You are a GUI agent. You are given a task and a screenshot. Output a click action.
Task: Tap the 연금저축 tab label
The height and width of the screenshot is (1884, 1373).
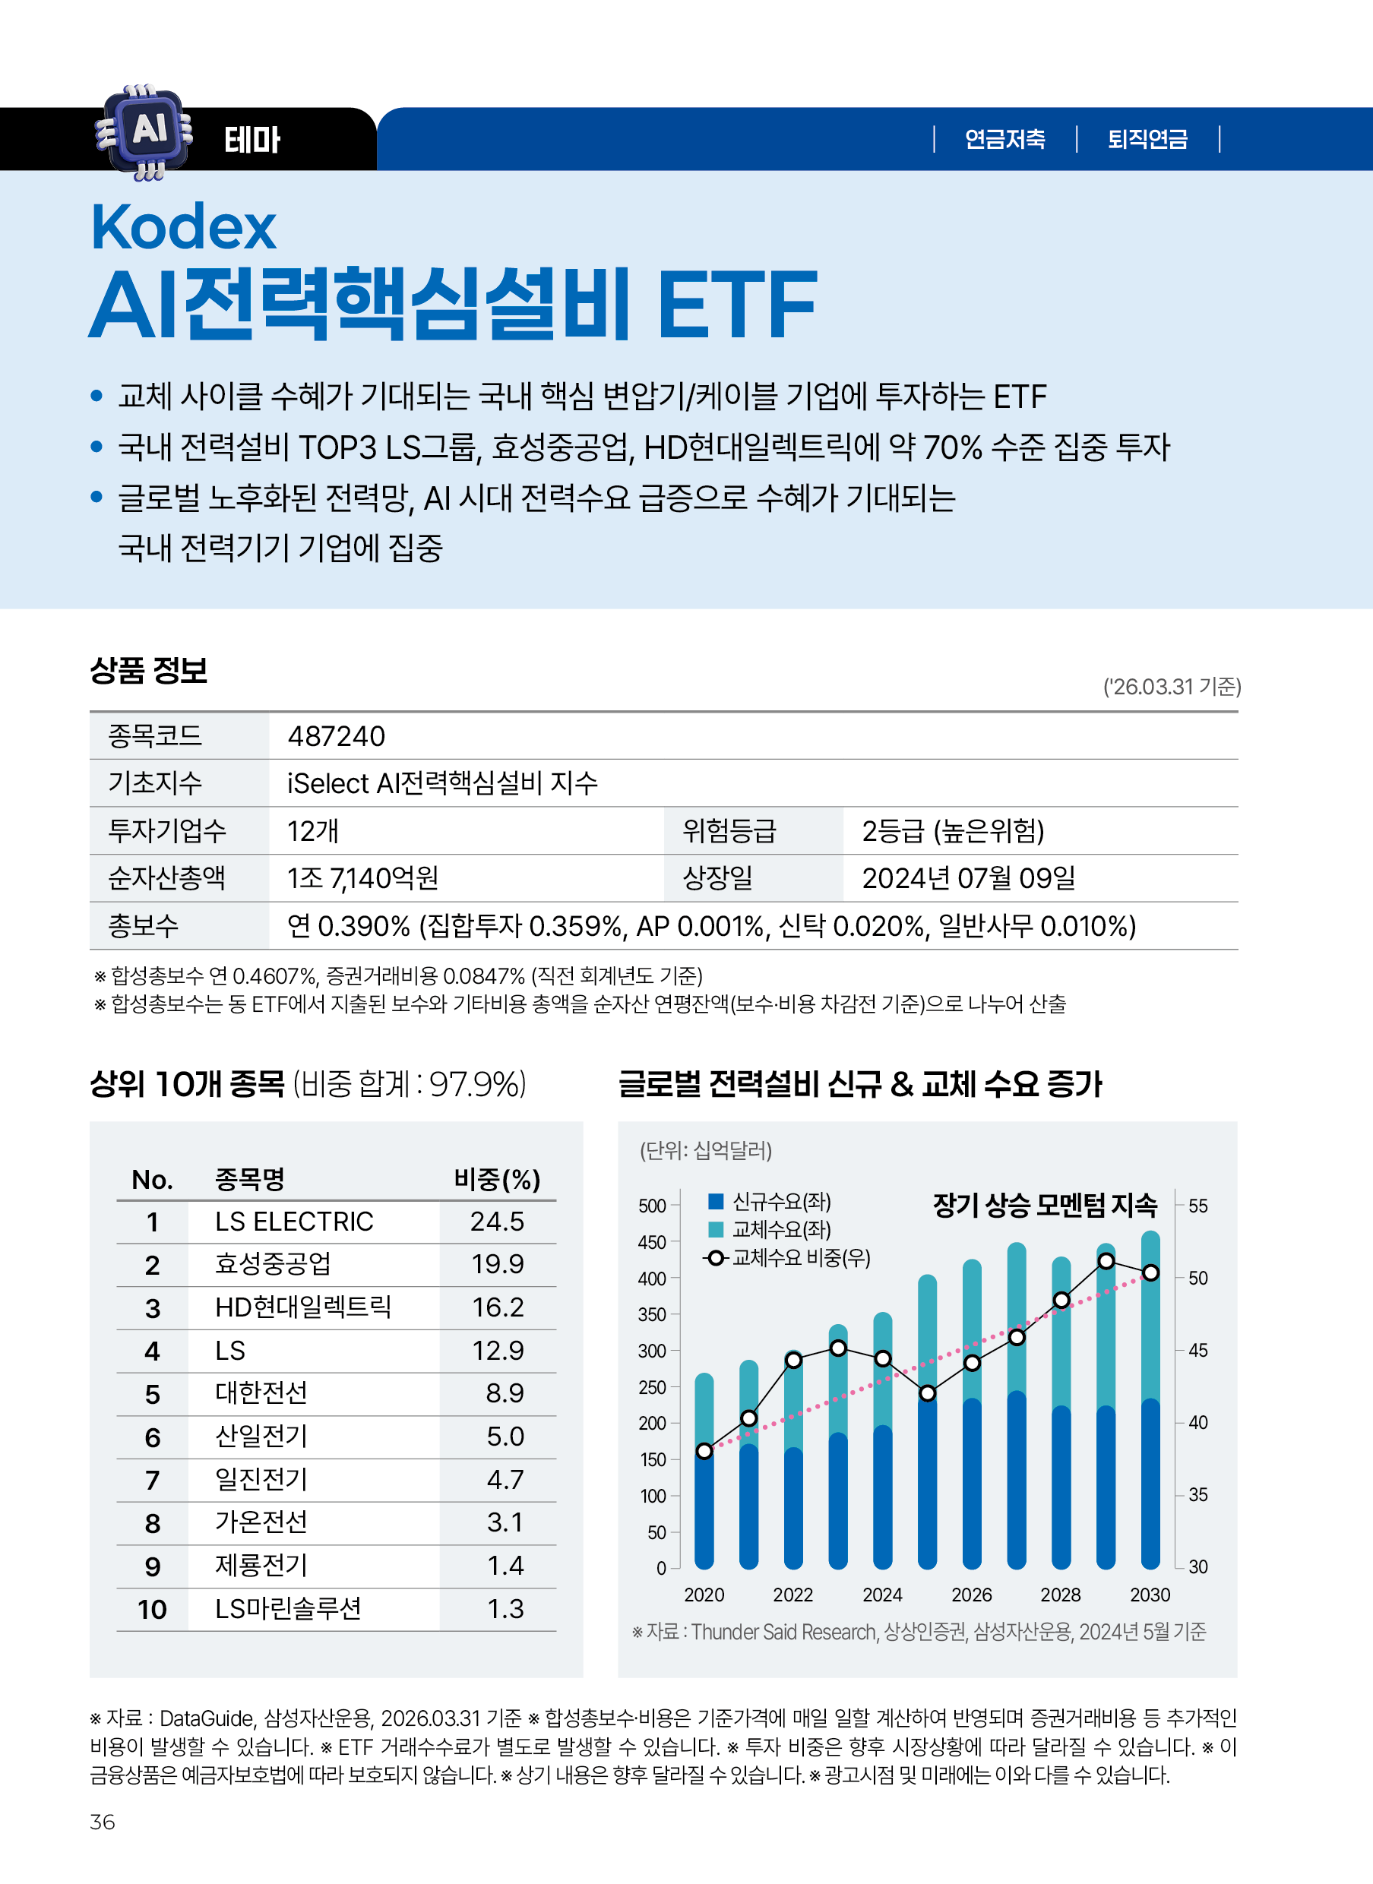click(1004, 139)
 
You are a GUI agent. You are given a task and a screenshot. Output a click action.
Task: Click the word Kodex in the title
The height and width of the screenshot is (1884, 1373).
click(183, 227)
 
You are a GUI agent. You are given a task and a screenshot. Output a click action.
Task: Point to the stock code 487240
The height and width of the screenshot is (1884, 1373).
click(336, 736)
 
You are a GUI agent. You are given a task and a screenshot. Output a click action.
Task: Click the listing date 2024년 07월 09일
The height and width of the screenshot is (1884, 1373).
click(968, 878)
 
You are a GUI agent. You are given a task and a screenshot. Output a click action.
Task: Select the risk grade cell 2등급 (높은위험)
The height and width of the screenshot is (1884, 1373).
click(953, 831)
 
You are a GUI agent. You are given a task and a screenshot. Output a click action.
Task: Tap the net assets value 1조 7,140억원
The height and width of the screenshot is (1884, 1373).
click(362, 878)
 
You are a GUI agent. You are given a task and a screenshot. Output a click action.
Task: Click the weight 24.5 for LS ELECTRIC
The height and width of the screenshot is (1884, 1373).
click(497, 1222)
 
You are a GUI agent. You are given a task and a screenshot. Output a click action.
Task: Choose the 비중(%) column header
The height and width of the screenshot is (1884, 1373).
click(497, 1179)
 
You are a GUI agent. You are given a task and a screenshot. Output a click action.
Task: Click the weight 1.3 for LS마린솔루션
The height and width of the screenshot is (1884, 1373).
click(505, 1610)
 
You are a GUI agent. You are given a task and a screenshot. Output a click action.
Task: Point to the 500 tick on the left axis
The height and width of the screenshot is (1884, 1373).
click(652, 1206)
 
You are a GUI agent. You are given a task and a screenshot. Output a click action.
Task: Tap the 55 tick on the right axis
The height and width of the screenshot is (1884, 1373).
click(1197, 1206)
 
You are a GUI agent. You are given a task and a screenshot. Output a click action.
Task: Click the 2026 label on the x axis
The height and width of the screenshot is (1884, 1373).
click(972, 1595)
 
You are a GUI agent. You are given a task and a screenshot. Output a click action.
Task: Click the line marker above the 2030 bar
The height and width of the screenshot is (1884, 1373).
click(1150, 1273)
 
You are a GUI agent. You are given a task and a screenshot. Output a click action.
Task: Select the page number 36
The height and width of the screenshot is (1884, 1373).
click(103, 1822)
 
